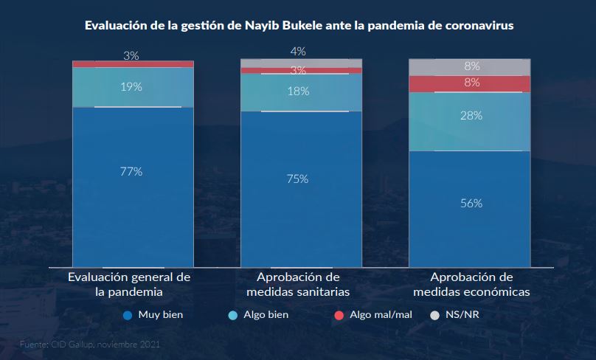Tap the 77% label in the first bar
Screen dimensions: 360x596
tap(131, 171)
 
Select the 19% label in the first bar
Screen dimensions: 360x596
tap(131, 86)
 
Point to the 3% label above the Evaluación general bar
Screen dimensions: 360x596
tap(131, 55)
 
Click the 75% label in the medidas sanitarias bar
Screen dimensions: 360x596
tap(299, 179)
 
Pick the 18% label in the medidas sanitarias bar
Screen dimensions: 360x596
tap(299, 91)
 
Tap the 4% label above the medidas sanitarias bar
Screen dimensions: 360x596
tap(298, 51)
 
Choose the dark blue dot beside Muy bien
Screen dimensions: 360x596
tap(128, 315)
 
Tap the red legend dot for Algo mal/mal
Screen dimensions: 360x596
tap(339, 315)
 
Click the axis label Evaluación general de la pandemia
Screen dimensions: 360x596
tap(129, 284)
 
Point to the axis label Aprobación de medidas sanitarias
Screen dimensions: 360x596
tap(298, 284)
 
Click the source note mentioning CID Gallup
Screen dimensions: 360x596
tap(89, 344)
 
